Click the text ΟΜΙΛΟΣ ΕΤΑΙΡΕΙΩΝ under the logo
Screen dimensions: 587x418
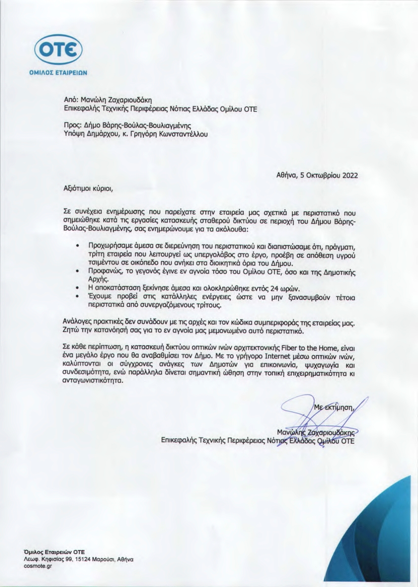point(58,72)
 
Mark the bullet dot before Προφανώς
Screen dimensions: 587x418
point(76,272)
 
